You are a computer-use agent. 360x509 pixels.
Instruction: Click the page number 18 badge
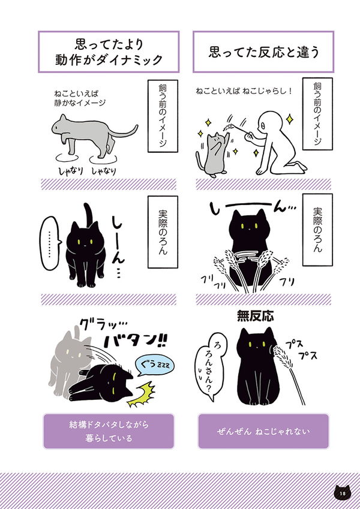[x=341, y=493]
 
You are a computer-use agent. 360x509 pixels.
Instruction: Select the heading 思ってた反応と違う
[x=263, y=52]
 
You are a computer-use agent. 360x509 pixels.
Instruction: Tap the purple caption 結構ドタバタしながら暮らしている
[x=108, y=431]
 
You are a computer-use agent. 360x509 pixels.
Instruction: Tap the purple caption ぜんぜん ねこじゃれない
[x=263, y=431]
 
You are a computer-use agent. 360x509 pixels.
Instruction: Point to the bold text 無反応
[x=255, y=317]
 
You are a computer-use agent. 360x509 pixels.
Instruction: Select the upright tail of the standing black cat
[x=89, y=214]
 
